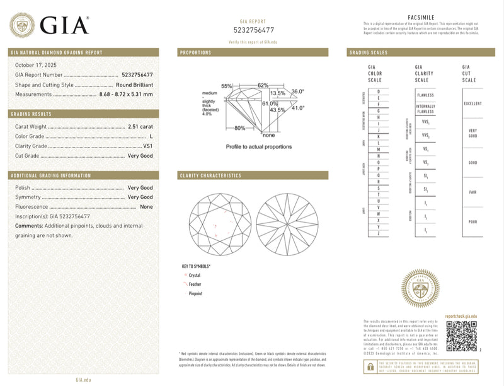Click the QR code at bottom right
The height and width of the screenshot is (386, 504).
[x=461, y=336]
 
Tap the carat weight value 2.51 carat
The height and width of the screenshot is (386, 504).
[x=140, y=127]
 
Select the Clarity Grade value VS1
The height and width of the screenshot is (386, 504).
[x=146, y=146]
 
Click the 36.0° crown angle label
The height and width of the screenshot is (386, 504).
[x=297, y=92]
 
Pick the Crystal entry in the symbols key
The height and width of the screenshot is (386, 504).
[x=194, y=275]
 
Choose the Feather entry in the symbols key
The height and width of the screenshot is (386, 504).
[x=195, y=284]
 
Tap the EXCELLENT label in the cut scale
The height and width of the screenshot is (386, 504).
[x=472, y=103]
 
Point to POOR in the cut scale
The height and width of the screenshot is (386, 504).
[x=472, y=222]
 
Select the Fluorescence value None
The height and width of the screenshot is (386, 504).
[x=146, y=207]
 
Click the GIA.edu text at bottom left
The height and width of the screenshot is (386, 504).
[x=84, y=379]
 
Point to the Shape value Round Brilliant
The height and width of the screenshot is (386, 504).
[x=134, y=85]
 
